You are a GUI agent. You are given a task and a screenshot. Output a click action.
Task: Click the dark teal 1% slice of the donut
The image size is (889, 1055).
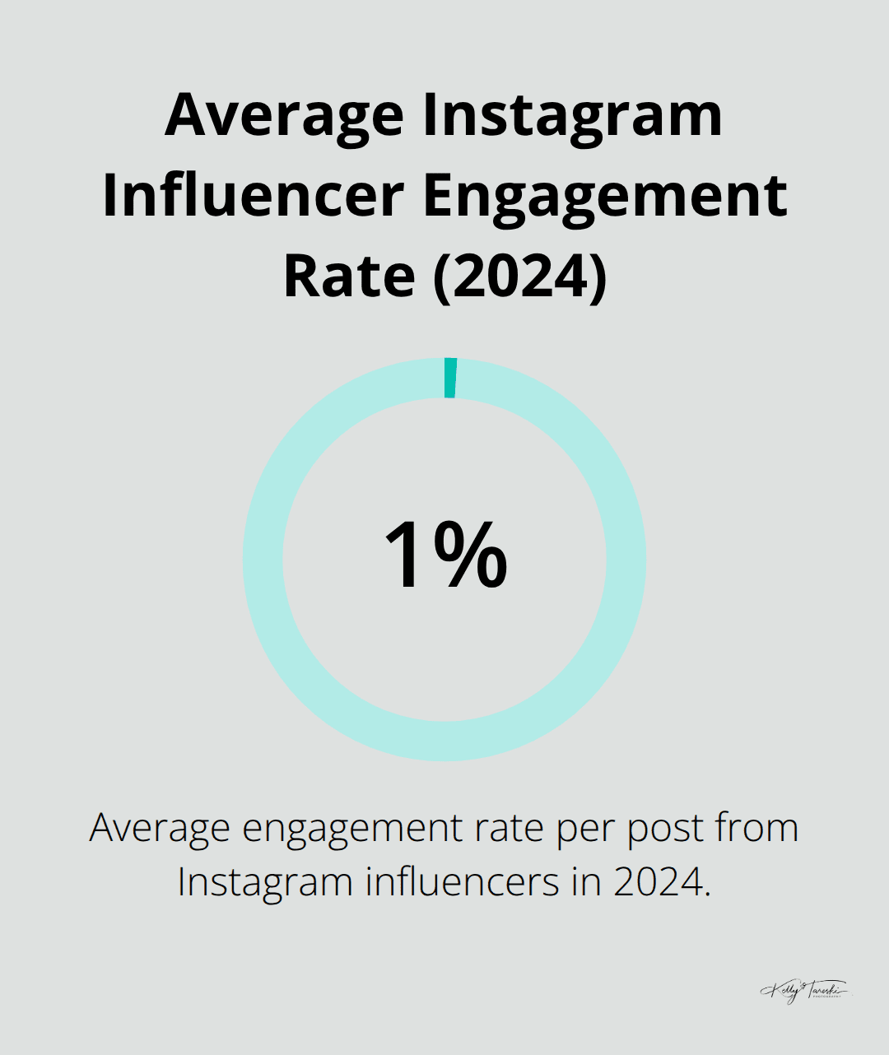(450, 378)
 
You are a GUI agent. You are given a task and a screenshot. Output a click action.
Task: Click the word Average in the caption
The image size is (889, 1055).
(161, 827)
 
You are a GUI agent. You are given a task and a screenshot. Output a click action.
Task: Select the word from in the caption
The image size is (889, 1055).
(757, 827)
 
